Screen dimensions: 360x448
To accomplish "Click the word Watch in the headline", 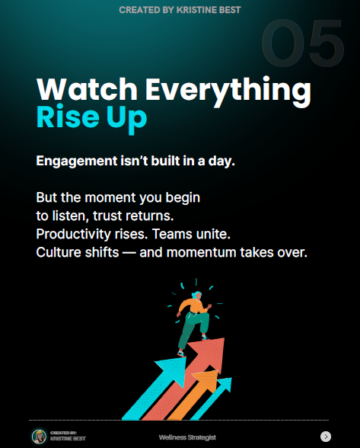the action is coord(87,88).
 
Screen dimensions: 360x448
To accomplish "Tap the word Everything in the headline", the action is coord(228,91).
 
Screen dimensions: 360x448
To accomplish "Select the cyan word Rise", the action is coord(68,117).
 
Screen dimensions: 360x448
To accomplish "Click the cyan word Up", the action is coord(127,119).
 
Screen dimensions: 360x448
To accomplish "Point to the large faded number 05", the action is coord(303,43).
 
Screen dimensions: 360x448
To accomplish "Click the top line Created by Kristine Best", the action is coord(180,10).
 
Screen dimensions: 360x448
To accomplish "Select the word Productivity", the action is coord(73,235).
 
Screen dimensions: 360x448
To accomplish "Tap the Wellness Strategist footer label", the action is coord(187,437).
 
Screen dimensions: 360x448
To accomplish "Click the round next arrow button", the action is coord(326,437).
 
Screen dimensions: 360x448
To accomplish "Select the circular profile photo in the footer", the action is coord(39,437).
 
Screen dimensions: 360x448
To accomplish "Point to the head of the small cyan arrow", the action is coord(225,385).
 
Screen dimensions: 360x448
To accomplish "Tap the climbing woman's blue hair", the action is coord(196,295).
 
